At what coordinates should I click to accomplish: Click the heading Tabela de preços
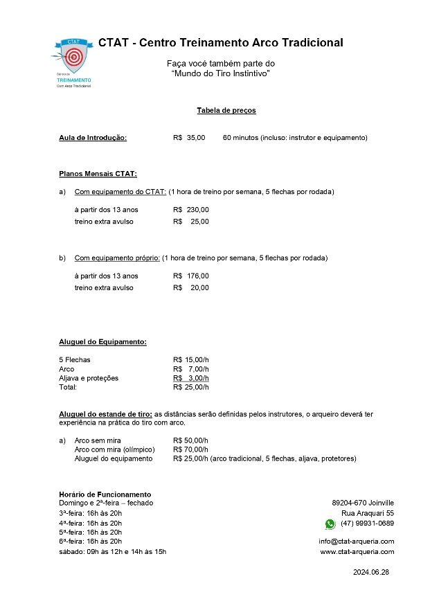[x=226, y=110]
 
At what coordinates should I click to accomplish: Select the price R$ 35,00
[x=189, y=138]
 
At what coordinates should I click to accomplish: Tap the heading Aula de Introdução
[x=93, y=138]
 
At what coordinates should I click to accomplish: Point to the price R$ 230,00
[x=190, y=210]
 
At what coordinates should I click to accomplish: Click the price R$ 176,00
[x=190, y=276]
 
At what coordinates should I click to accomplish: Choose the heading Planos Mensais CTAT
[x=98, y=174]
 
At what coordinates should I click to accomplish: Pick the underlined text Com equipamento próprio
[x=117, y=258]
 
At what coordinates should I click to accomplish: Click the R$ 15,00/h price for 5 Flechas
[x=190, y=359]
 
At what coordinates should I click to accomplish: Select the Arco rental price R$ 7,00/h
[x=190, y=369]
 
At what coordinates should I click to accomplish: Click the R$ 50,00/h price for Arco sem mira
[x=190, y=440]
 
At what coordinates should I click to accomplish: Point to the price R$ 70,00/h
[x=190, y=449]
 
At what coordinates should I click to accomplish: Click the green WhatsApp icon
[x=330, y=524]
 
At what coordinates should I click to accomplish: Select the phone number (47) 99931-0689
[x=367, y=524]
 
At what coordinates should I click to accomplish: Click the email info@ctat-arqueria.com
[x=356, y=542]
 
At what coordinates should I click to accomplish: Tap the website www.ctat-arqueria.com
[x=357, y=552]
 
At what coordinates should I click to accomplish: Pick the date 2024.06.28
[x=371, y=573]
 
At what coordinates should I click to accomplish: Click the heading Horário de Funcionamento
[x=105, y=494]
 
